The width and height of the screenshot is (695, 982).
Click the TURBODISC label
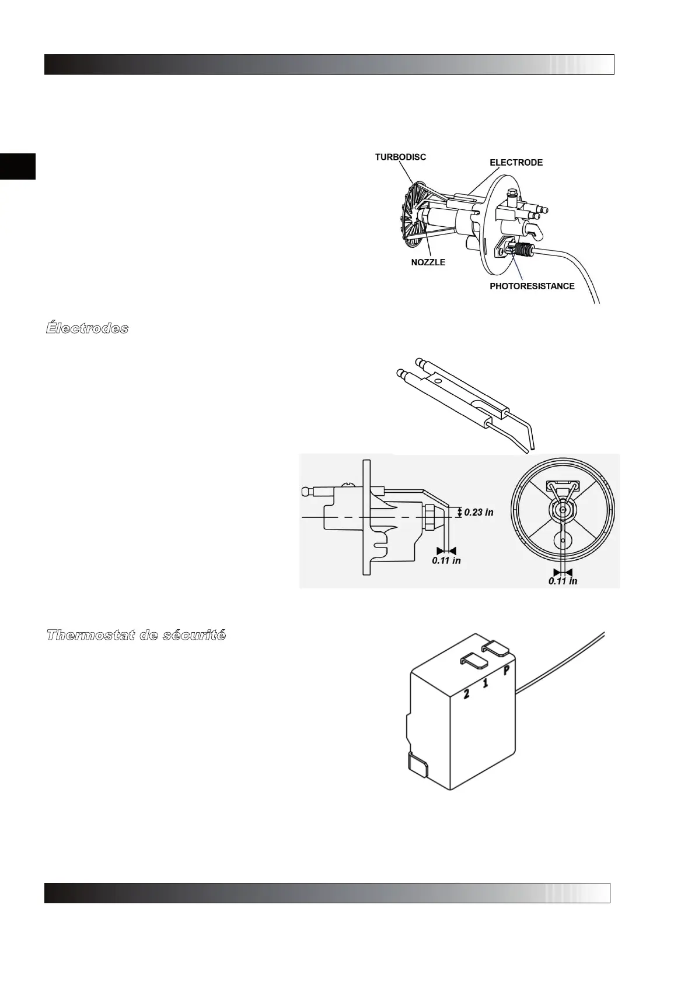(400, 157)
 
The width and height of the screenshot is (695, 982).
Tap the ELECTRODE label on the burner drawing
(516, 163)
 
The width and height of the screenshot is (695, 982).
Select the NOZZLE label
(428, 262)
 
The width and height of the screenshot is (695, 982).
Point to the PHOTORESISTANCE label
(532, 286)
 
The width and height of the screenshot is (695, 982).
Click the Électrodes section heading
(87, 328)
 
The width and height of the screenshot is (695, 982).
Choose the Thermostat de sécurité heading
(135, 635)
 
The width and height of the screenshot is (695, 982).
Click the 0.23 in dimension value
(479, 513)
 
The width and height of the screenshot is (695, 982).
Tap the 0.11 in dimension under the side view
(446, 560)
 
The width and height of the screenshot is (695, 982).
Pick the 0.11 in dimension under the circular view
(563, 581)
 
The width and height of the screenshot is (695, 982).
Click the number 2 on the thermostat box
(466, 694)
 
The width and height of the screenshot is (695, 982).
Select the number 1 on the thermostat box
(486, 682)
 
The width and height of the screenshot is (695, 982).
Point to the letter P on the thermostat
(507, 670)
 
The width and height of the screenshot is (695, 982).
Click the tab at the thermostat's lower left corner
(417, 764)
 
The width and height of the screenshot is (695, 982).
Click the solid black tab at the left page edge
(18, 167)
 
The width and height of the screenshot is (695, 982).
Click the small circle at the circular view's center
(562, 508)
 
